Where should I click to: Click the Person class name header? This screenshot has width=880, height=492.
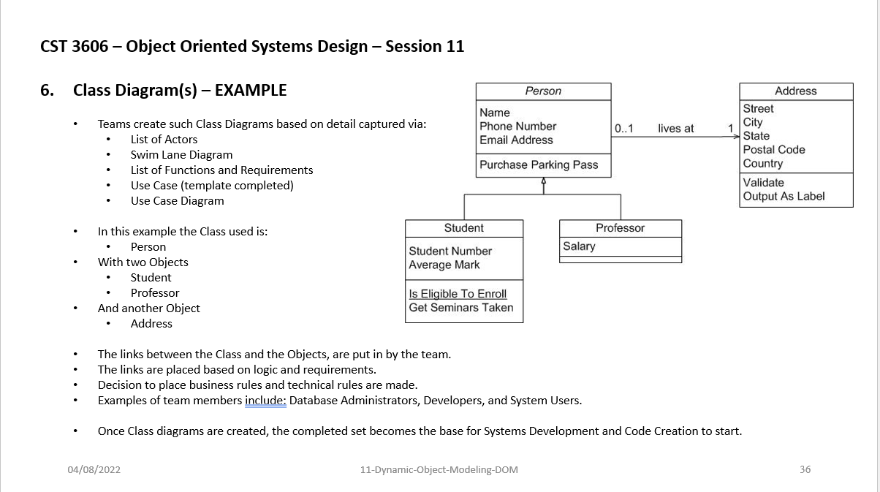point(543,91)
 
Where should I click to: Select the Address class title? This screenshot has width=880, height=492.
point(795,91)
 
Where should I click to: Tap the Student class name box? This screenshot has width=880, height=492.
point(464,228)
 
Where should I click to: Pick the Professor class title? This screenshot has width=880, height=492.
point(620,228)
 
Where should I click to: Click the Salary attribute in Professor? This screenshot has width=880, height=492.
point(579,246)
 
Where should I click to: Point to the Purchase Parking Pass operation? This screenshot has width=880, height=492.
point(539,165)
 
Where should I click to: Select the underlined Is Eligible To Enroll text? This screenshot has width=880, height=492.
point(458,294)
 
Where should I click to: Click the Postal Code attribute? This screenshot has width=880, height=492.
point(774,150)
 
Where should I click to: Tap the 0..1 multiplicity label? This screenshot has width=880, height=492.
point(624,129)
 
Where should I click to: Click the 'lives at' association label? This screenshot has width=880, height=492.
point(675,129)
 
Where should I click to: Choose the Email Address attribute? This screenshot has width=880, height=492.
point(516,140)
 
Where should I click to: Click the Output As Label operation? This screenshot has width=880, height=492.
point(784,196)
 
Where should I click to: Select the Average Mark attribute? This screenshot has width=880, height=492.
point(444,265)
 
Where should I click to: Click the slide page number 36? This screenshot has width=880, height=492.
point(805,469)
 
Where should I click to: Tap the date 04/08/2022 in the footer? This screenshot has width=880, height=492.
point(94,469)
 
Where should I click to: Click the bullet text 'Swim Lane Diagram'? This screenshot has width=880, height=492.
point(181,155)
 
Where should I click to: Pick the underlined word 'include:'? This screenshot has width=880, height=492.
point(265,401)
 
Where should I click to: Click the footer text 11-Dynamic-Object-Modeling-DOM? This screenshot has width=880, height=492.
point(439,469)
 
